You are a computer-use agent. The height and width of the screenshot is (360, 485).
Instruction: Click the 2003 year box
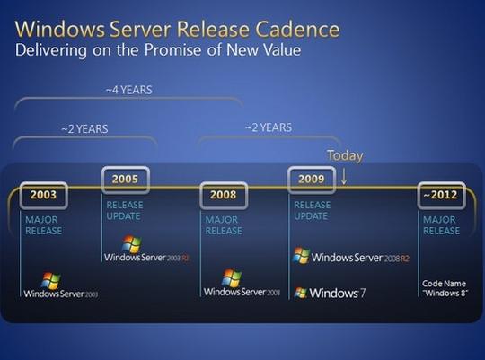tap(44, 195)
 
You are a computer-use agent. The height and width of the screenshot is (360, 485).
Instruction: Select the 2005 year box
tap(126, 180)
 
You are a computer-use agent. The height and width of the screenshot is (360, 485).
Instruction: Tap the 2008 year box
tap(224, 195)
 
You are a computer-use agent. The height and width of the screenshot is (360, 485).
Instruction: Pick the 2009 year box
tap(312, 180)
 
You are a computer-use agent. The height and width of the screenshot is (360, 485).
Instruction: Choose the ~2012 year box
tap(441, 195)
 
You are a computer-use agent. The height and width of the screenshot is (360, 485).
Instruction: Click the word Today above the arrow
tap(345, 155)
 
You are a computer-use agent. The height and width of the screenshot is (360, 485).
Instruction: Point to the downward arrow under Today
tap(344, 177)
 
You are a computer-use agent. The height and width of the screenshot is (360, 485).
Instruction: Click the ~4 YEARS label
tap(129, 90)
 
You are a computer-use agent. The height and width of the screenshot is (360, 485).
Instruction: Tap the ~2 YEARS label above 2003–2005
tap(84, 128)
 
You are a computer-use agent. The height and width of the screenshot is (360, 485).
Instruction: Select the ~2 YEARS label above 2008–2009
tap(269, 127)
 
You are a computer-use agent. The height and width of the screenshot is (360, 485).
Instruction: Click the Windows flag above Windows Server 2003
tap(51, 280)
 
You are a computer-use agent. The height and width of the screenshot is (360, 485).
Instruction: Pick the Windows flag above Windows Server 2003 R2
tap(132, 243)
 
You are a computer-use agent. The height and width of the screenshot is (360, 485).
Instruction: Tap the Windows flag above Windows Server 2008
tap(232, 277)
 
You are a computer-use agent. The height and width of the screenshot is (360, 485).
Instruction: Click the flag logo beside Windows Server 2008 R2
tap(301, 256)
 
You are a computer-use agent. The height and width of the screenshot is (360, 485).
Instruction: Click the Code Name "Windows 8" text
tap(445, 288)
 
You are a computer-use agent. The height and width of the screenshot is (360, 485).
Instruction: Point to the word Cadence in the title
tap(297, 30)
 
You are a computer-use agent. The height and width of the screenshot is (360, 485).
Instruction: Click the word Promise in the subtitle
tap(172, 49)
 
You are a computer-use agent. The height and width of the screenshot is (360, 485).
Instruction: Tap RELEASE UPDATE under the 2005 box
tap(125, 211)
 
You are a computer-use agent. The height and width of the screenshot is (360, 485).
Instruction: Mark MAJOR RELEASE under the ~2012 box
tap(441, 225)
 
